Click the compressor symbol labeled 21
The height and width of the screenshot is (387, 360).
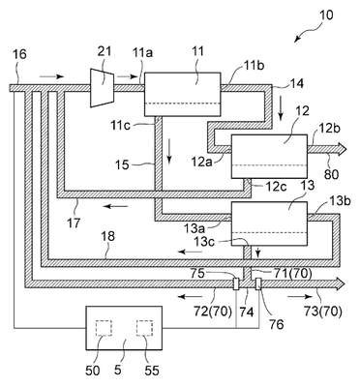coord(102,87)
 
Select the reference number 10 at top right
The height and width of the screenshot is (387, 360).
coord(326,15)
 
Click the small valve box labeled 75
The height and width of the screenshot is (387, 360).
coord(236,284)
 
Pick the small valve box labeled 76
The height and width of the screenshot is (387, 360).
coord(258,284)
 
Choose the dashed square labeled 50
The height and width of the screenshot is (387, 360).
coord(104,328)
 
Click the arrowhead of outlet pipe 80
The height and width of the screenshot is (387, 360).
coord(343,149)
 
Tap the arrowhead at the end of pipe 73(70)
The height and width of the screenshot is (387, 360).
coord(341,284)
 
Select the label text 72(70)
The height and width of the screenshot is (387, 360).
coord(214,311)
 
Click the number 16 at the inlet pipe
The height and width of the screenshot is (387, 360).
coord(19,54)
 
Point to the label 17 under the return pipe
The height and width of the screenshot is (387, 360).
coord(74,223)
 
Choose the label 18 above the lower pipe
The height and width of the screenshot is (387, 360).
coord(108,236)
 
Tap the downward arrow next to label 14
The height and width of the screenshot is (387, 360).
coord(281,110)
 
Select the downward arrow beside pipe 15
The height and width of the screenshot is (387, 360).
coord(168,152)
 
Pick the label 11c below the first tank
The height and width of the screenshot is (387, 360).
coord(122,125)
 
